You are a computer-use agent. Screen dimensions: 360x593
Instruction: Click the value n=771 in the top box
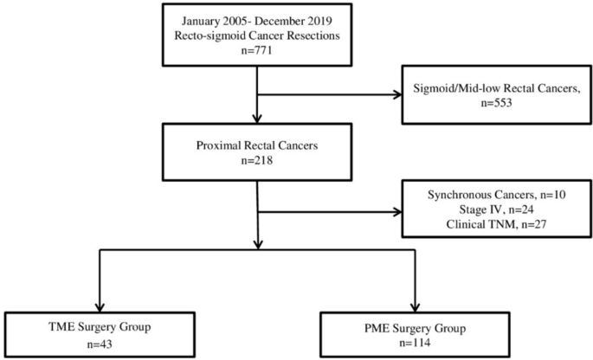point(256,50)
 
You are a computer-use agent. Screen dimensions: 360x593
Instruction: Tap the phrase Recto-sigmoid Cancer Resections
point(256,35)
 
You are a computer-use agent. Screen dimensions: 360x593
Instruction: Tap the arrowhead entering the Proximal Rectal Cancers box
point(257,119)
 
